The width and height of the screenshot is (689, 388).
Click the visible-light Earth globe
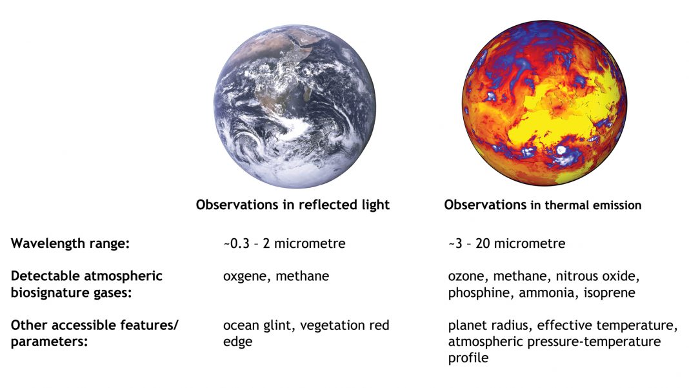tap(294, 106)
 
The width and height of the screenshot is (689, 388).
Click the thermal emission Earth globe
tap(544, 103)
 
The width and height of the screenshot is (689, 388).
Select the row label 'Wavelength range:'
tap(70, 243)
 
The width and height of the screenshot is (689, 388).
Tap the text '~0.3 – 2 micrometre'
tap(285, 243)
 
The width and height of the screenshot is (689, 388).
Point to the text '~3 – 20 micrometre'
tap(506, 243)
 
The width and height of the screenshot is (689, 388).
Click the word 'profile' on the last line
tap(468, 358)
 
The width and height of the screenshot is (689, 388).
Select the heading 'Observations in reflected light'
tap(293, 205)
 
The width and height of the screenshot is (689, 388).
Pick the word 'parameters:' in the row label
tap(49, 342)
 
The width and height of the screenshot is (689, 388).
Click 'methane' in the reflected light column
tap(303, 276)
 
